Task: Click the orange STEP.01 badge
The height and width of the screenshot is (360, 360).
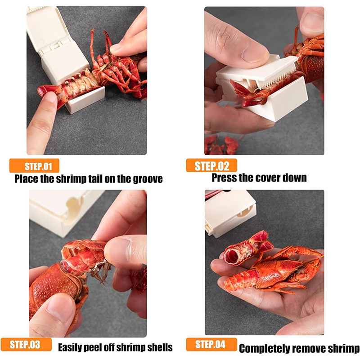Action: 34,165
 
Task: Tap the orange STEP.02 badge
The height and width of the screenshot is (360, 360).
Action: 211,165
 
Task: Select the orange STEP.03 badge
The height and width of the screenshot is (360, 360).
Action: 26,344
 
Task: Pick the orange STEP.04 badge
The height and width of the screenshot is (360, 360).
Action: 211,344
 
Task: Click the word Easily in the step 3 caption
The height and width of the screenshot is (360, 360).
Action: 69,347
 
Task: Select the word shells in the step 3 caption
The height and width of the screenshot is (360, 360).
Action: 160,347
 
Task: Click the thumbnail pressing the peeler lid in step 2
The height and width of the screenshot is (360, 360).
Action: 255,54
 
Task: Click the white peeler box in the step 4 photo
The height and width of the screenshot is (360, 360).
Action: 230,213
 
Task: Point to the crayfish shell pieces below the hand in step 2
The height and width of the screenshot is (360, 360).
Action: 221,145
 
